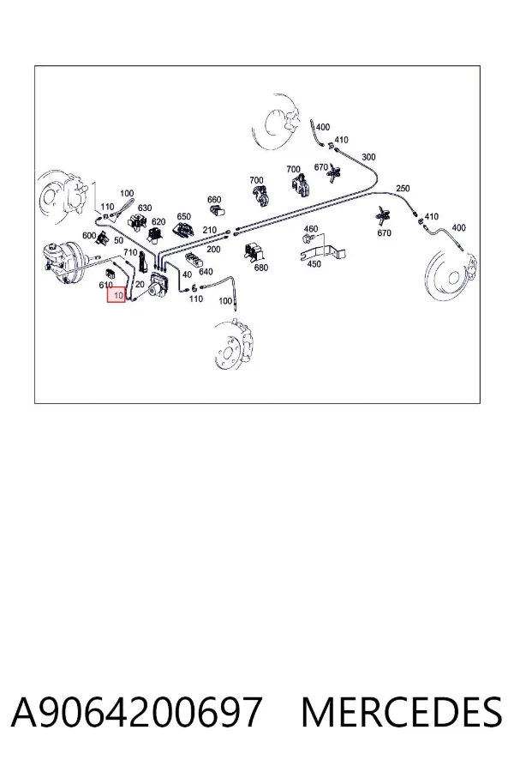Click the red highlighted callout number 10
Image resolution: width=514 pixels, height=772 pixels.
117,295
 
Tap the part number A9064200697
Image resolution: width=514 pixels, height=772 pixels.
136,713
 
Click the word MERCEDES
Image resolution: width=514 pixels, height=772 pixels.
402,713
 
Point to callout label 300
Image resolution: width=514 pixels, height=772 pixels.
368,157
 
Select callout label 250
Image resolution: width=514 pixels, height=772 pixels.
403,188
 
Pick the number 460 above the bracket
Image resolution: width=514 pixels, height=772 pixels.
311,228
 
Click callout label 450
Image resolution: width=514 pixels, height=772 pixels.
314,264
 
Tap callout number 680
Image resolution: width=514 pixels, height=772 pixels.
261,268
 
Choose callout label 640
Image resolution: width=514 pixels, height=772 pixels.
206,271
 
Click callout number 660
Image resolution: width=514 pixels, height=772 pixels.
214,199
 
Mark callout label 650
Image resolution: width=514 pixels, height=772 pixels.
183,217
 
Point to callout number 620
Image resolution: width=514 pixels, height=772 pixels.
158,222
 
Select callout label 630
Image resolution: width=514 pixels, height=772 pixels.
145,208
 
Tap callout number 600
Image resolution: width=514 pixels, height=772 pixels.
89,235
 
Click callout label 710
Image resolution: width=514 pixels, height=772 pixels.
130,252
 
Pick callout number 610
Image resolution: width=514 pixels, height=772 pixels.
105,285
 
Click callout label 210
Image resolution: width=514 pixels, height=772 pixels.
210,230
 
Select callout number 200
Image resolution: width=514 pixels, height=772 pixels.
213,249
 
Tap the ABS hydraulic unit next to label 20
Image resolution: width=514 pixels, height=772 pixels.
158,286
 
